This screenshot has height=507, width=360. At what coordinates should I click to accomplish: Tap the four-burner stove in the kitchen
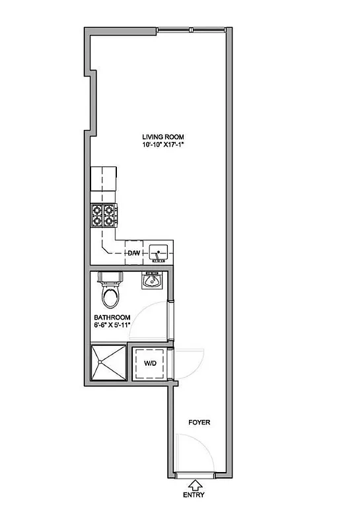pyautogui.click(x=105, y=215)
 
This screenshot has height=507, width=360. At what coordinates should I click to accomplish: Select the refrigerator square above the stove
pyautogui.click(x=104, y=178)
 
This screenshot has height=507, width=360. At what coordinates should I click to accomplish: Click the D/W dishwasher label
pyautogui.click(x=133, y=253)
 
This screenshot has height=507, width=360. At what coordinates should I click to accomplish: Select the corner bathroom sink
pyautogui.click(x=154, y=282)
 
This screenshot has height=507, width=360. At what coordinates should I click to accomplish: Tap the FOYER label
pyautogui.click(x=200, y=422)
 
